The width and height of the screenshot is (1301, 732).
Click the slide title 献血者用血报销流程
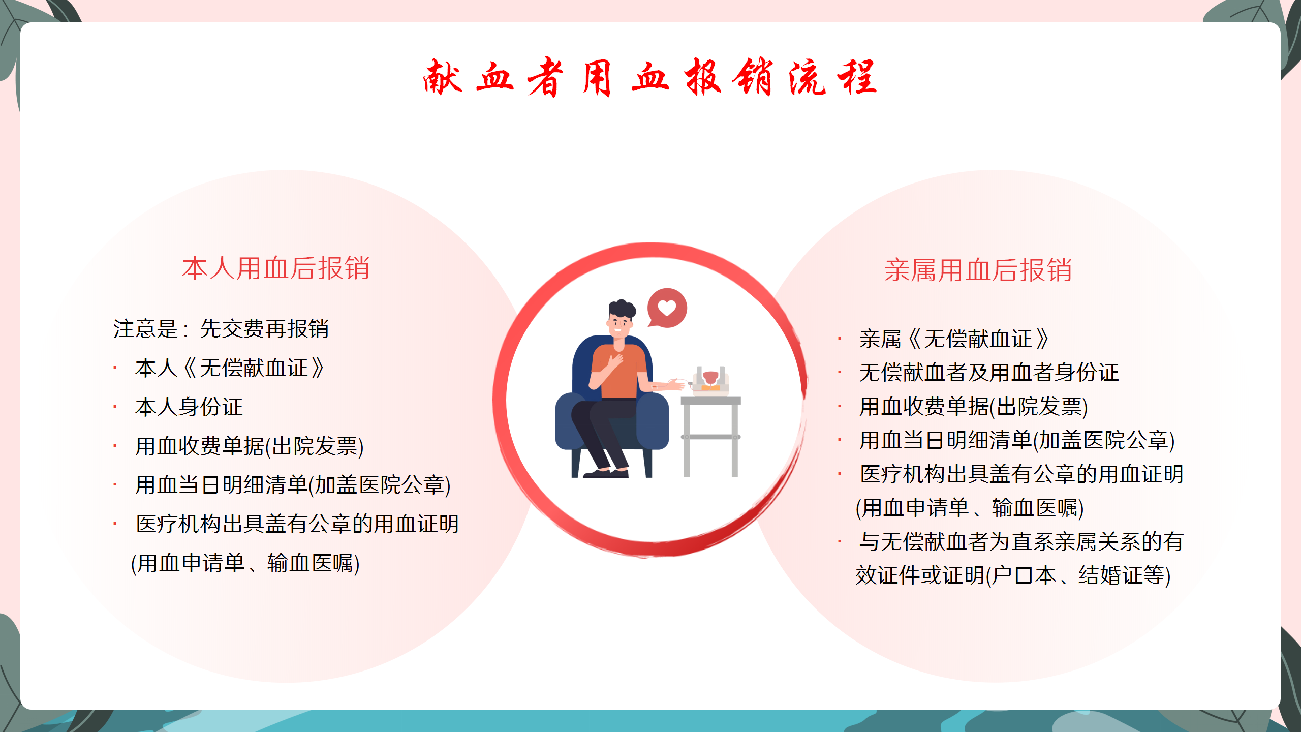650,77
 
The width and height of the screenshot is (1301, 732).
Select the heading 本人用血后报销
276,268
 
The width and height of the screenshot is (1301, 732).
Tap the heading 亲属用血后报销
978,270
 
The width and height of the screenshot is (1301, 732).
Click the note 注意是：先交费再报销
221,328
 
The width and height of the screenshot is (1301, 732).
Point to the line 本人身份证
189,407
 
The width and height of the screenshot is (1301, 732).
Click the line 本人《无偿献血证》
230,368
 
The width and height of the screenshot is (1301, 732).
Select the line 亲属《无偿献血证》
954,339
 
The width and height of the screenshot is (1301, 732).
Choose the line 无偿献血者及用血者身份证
989,372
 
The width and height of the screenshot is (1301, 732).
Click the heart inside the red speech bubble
667,308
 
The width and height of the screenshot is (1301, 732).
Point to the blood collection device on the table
710,380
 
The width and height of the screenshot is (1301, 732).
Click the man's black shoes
606,473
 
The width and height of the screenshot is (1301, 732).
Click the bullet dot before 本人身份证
115,407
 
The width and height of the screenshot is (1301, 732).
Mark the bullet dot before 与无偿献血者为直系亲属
840,541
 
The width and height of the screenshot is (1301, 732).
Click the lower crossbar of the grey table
710,437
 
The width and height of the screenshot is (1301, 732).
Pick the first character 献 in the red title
443,77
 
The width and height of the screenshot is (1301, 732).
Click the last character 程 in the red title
857,77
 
